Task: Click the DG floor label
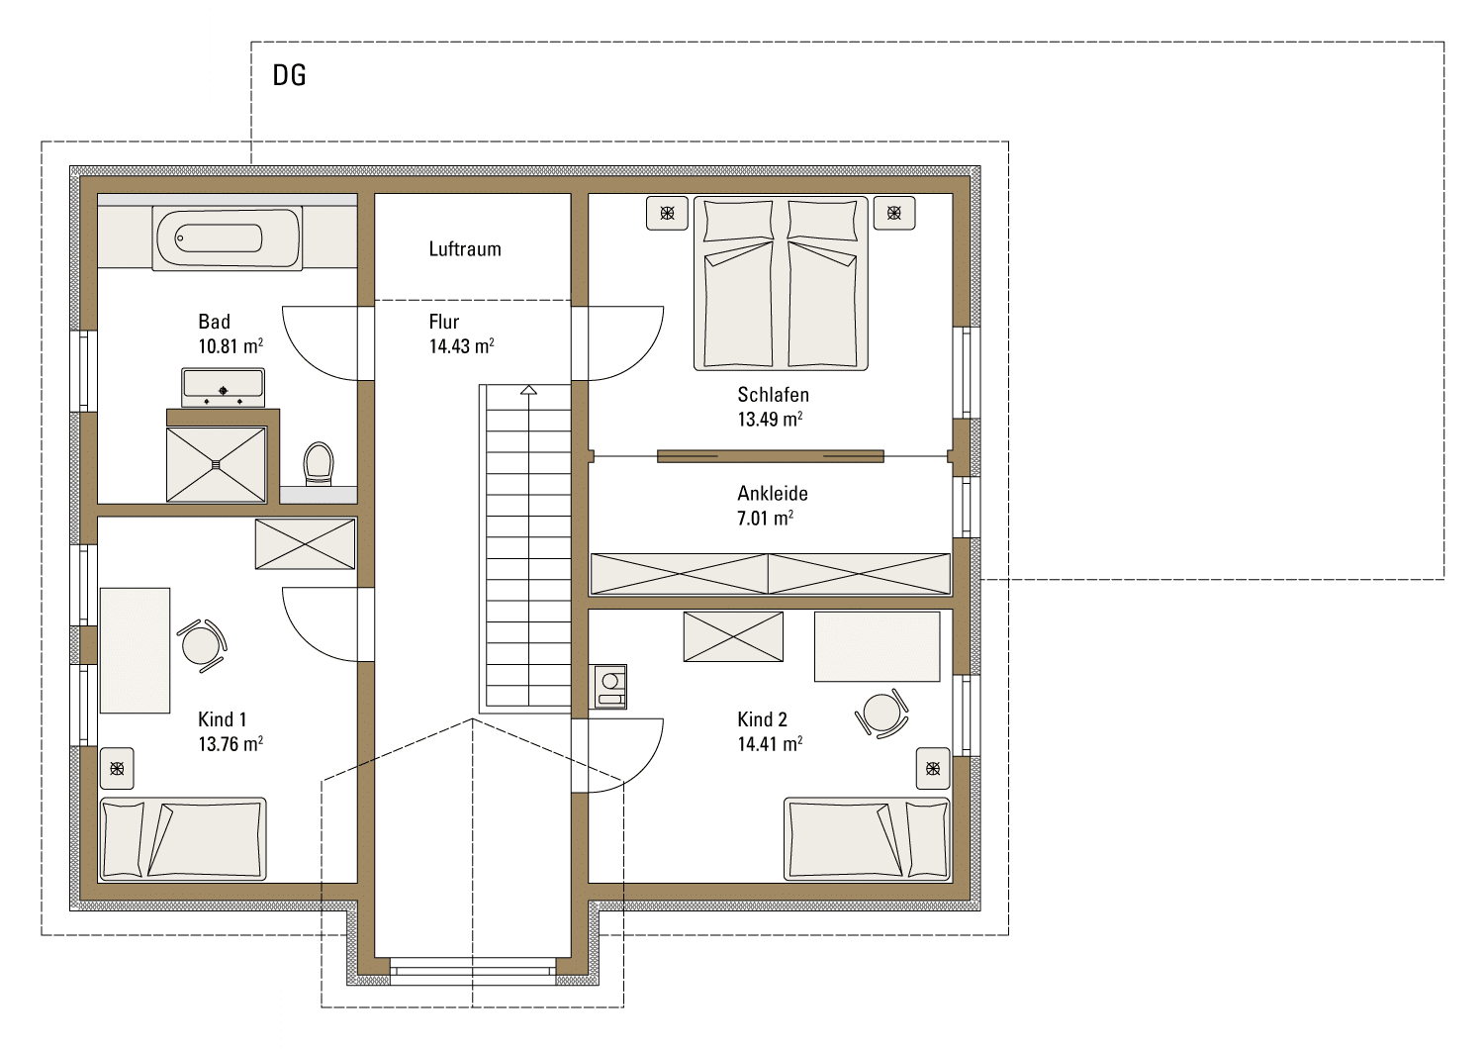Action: tap(289, 75)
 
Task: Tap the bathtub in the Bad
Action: tap(228, 238)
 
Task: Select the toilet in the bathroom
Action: tap(318, 463)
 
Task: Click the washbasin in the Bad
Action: tap(224, 388)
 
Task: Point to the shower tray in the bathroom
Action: tap(216, 464)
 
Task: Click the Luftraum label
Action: tap(465, 249)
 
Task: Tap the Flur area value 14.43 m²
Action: tap(462, 346)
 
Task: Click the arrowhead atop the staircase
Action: tap(528, 390)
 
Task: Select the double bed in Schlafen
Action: tap(781, 283)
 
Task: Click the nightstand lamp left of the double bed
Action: tap(667, 213)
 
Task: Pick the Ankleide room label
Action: tap(773, 494)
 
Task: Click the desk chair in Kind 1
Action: tap(202, 645)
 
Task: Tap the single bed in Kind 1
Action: tap(182, 839)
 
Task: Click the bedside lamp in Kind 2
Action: tap(933, 769)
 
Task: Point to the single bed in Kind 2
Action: tap(867, 839)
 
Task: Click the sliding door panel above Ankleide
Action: tap(771, 456)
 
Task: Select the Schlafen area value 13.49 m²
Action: tap(770, 419)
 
